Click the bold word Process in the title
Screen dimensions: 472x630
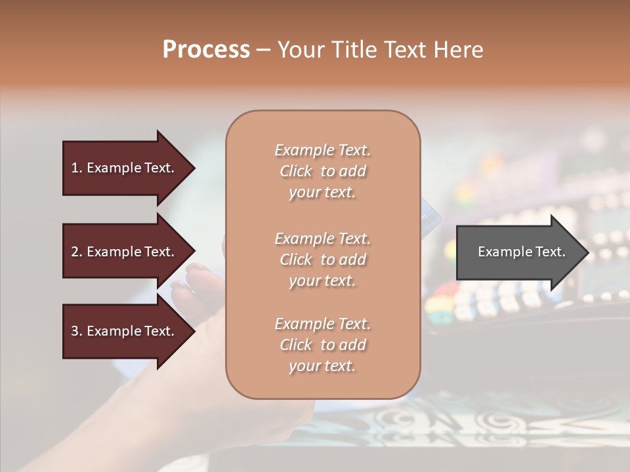[206, 50]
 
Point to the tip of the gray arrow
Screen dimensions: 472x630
[587, 252]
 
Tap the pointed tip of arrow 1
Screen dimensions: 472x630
[194, 168]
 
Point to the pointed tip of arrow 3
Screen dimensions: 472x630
[194, 331]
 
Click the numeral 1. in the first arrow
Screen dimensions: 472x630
[76, 168]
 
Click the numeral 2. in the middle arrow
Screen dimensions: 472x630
[76, 252]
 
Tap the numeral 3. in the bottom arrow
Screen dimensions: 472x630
[76, 331]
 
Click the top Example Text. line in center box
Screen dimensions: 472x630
[322, 150]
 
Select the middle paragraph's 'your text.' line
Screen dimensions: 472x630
[322, 281]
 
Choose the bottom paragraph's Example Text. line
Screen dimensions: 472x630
[322, 324]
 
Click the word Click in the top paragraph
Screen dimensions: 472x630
[296, 171]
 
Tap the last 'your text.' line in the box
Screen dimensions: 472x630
[322, 366]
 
